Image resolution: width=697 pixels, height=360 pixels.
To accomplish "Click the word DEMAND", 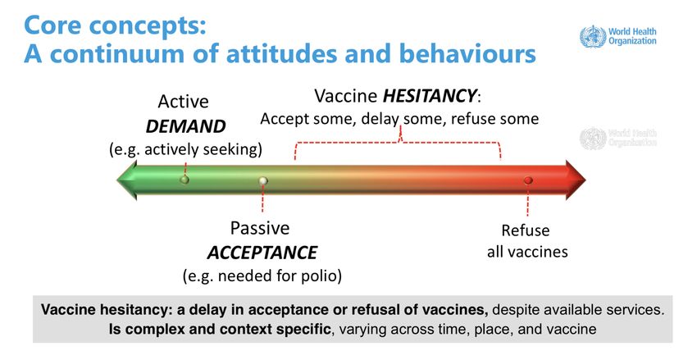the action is [186, 126].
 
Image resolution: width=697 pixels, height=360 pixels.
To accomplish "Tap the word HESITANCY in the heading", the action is [430, 96].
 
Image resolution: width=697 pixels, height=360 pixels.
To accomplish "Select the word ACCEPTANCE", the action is [262, 253].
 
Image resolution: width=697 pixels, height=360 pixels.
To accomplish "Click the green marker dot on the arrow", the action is [184, 180].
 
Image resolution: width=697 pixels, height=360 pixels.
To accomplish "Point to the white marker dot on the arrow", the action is [263, 180].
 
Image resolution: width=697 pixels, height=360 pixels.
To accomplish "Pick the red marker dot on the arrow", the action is [528, 180].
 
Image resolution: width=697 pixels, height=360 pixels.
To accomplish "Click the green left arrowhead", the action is [127, 180].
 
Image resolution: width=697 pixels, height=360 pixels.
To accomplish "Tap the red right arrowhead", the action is [576, 180].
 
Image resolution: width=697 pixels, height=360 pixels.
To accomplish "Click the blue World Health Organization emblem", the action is [593, 36].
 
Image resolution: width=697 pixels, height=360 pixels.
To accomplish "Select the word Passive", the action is [260, 228].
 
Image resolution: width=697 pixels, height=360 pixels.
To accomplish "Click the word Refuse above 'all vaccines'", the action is [526, 230].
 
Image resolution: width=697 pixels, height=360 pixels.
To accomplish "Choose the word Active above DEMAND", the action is [183, 102].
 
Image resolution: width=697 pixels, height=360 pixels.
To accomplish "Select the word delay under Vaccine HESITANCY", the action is [380, 119].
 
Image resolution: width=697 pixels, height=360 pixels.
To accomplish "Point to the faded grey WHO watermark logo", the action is [593, 139].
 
